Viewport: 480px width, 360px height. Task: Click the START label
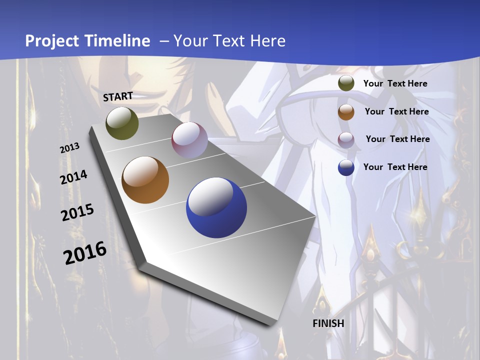(118, 96)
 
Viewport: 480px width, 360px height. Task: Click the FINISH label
(328, 323)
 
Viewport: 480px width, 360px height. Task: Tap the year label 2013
(70, 148)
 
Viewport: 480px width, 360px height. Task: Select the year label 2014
(74, 177)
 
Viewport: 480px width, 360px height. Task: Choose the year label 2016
(85, 253)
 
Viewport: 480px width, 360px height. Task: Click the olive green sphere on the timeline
(122, 123)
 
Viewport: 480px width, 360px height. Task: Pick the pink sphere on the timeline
(189, 139)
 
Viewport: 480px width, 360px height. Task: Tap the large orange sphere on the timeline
(145, 180)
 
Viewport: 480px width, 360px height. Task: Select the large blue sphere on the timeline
(216, 207)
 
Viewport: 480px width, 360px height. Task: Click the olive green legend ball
(346, 83)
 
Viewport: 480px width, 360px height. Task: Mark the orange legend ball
(346, 111)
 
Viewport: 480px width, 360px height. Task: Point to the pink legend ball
(346, 139)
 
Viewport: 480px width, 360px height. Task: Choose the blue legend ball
(346, 167)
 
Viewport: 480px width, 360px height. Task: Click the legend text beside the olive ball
(395, 83)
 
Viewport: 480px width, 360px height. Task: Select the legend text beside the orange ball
(397, 111)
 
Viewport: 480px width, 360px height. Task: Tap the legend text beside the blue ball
(395, 167)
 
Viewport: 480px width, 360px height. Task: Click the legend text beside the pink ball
(398, 139)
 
